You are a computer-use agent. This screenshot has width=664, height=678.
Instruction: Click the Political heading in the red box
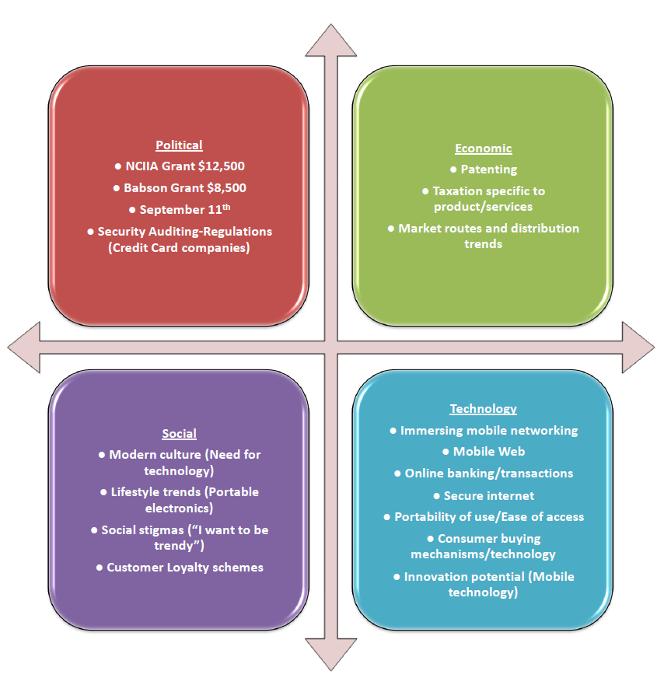pos(179,145)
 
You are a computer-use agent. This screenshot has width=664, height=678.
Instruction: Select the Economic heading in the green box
pos(483,149)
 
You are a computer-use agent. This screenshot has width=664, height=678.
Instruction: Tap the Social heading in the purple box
pos(179,433)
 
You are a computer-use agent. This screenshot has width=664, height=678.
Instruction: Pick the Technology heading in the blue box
pos(483,409)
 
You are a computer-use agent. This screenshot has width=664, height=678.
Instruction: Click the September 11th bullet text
pos(184,209)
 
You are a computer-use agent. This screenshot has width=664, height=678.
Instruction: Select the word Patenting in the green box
pos(488,169)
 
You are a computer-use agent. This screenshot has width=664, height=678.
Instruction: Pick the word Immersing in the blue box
pos(430,430)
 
